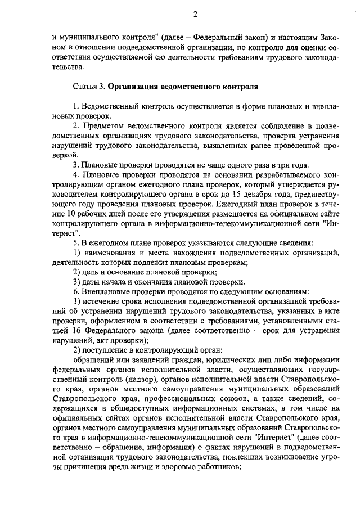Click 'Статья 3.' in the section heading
tap(88, 88)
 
